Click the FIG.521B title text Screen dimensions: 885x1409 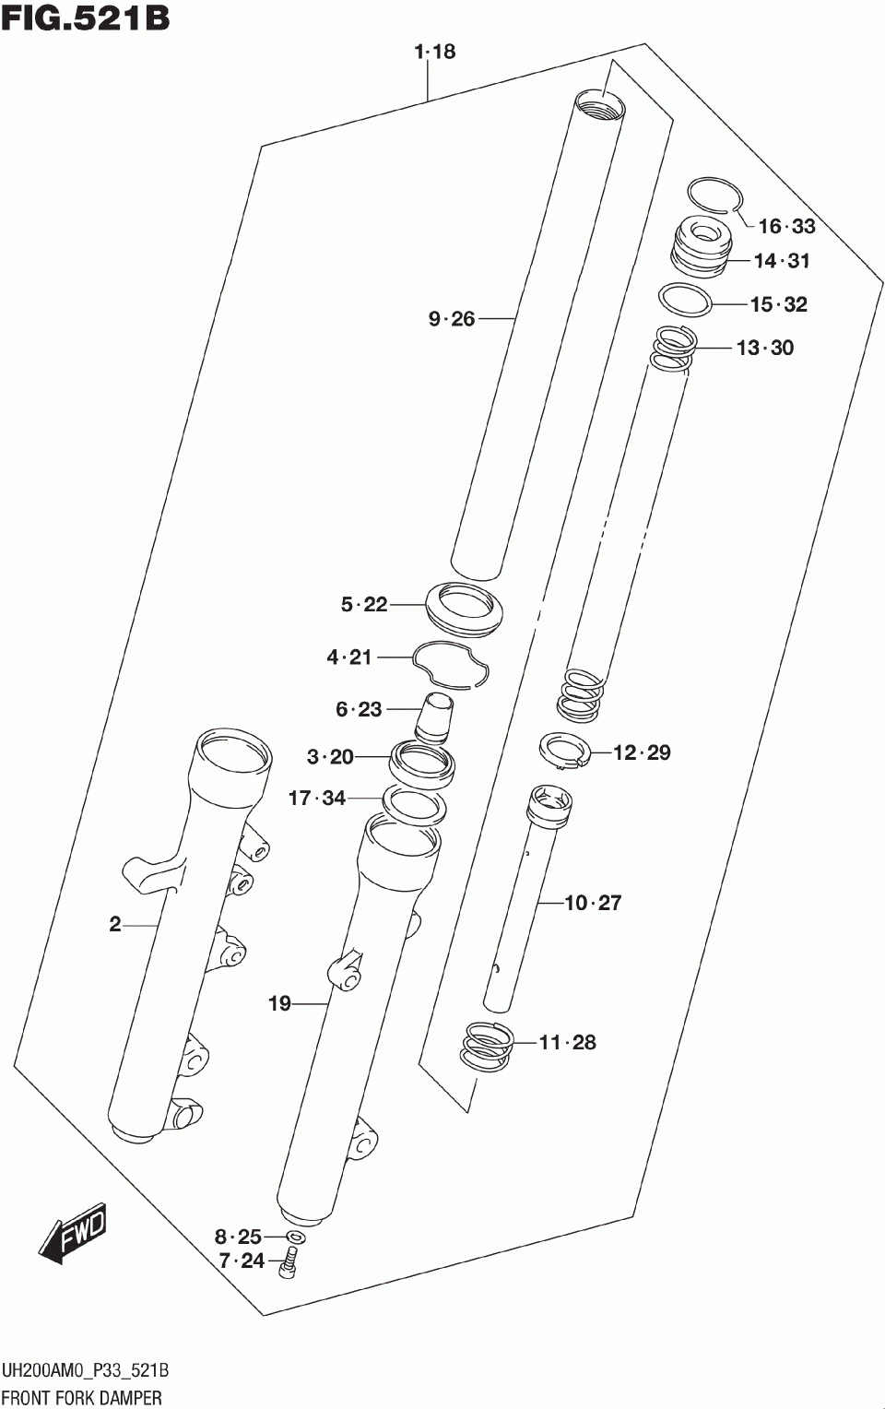tap(85, 18)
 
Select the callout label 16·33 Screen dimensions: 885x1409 tap(786, 226)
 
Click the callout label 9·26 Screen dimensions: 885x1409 tap(452, 319)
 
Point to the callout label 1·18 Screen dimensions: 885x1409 tap(434, 52)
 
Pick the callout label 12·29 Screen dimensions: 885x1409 tap(642, 752)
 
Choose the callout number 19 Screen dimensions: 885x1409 tap(279, 1003)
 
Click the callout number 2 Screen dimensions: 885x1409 tap(114, 924)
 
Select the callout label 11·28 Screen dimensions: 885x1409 tap(567, 1042)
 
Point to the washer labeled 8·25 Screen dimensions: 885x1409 tap(295, 1236)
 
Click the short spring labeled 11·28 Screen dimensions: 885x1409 tap(487, 1048)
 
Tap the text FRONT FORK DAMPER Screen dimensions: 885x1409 tap(82, 1397)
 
